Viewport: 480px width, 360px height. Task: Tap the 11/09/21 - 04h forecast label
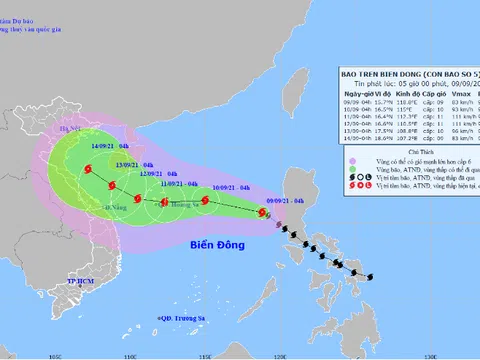(x=179, y=184)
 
